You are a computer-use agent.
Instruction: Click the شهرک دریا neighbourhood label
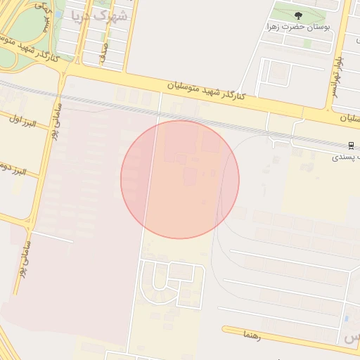[x=101, y=15]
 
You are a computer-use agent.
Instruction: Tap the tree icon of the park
[x=298, y=15]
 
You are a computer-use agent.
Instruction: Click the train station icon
[x=350, y=146]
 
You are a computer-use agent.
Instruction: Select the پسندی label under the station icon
[x=345, y=157]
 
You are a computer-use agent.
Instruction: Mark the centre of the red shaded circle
[x=180, y=180]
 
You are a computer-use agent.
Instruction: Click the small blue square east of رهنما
[x=347, y=322]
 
